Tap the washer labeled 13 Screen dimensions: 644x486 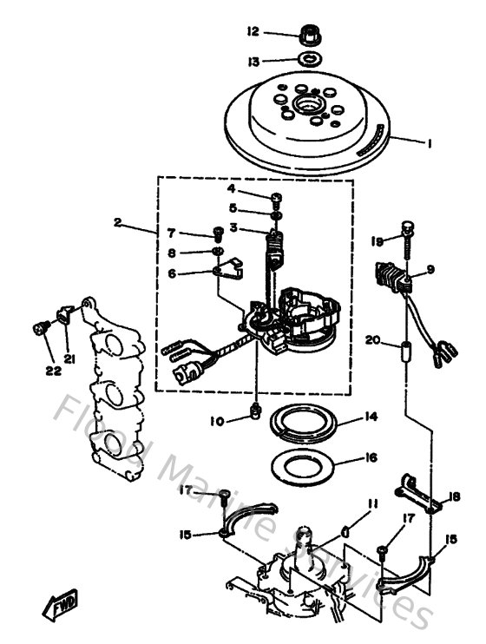tap(306, 61)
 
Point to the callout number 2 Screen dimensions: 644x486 tap(117, 221)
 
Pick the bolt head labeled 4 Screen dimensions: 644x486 tap(276, 196)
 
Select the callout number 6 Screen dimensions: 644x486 tap(172, 273)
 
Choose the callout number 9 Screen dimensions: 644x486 tap(429, 270)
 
